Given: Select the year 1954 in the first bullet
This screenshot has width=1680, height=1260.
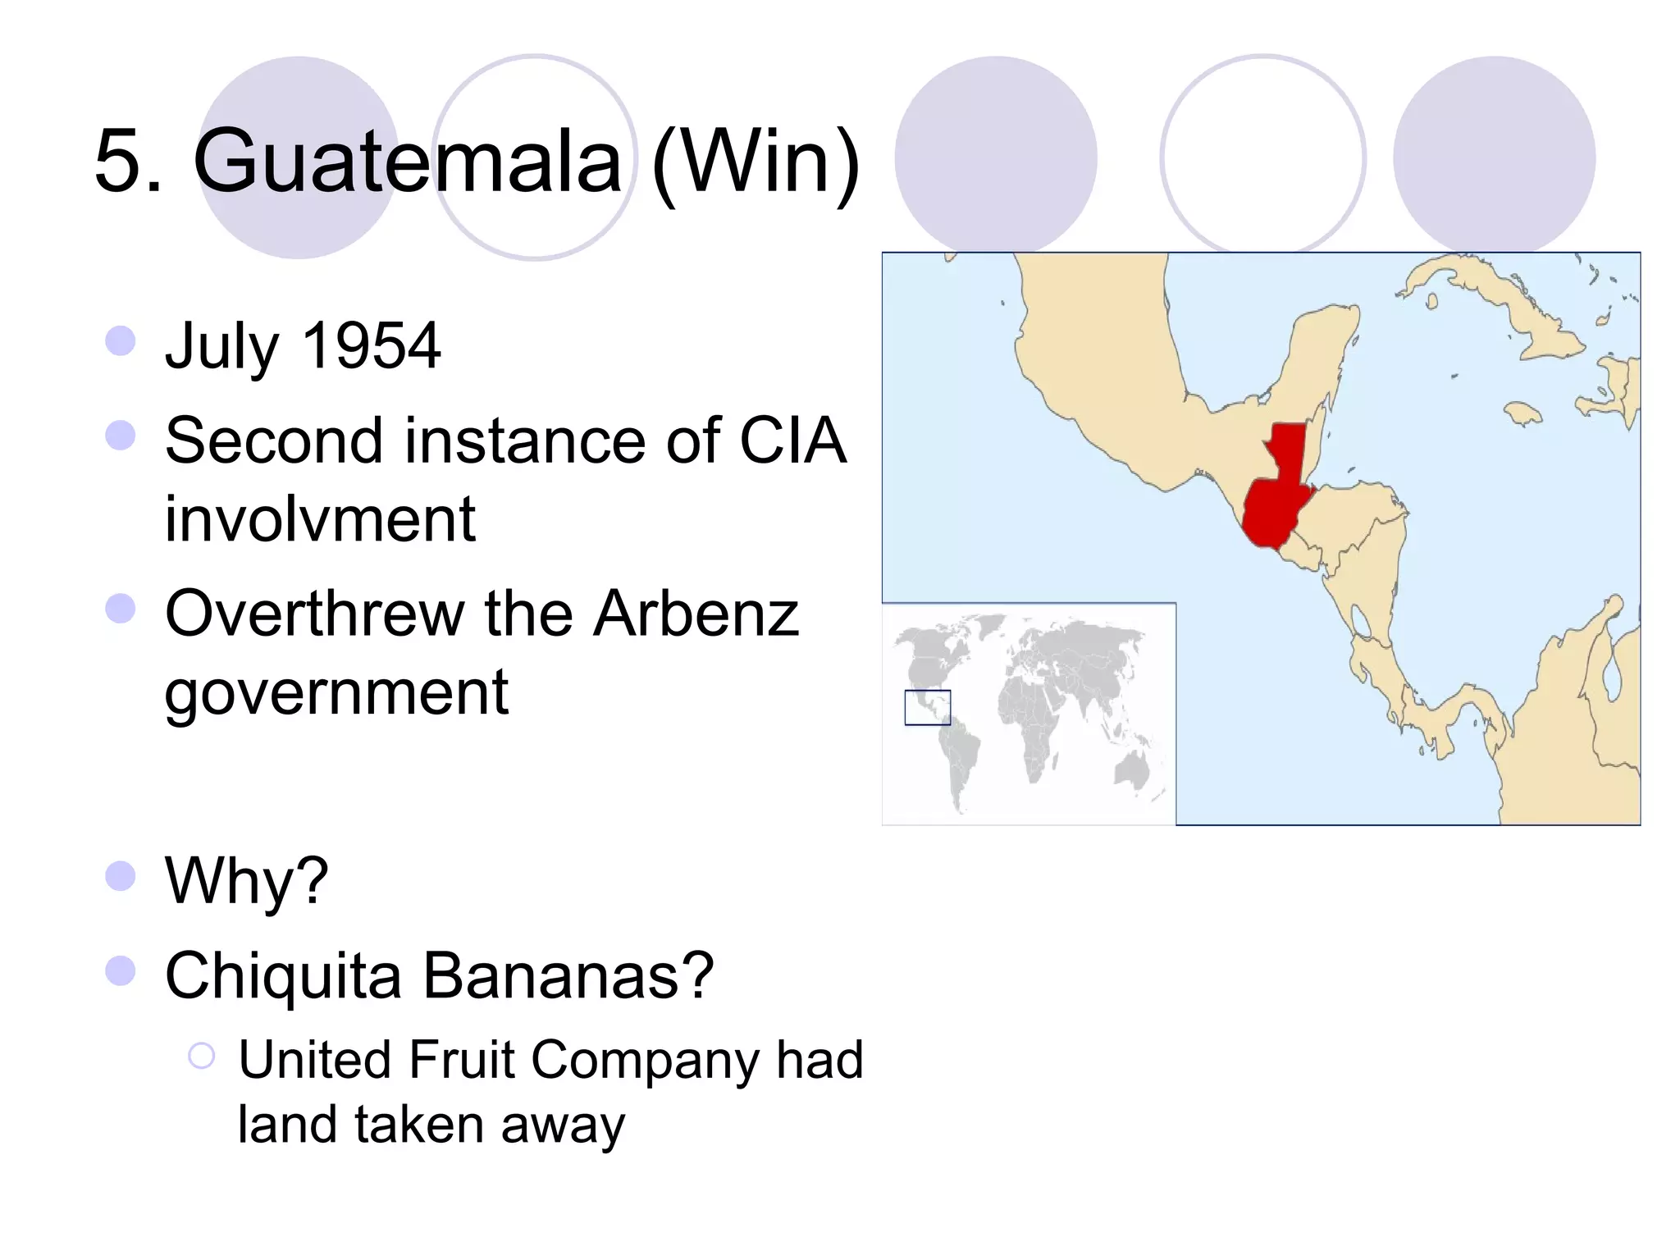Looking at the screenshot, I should tap(372, 345).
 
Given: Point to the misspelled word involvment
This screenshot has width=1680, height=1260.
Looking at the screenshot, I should tap(320, 519).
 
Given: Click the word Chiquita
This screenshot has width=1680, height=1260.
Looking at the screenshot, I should tap(283, 976).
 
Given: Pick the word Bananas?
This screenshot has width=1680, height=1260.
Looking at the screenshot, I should tap(568, 976).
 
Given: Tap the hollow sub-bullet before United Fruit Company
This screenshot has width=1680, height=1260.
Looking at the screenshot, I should tap(202, 1056).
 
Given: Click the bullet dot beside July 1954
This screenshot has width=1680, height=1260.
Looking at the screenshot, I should tap(121, 341).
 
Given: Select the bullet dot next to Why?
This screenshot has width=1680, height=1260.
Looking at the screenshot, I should tap(121, 876).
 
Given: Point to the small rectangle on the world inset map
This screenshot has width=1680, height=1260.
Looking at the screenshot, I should tap(927, 708).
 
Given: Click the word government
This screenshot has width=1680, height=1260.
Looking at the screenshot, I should tap(336, 693).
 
